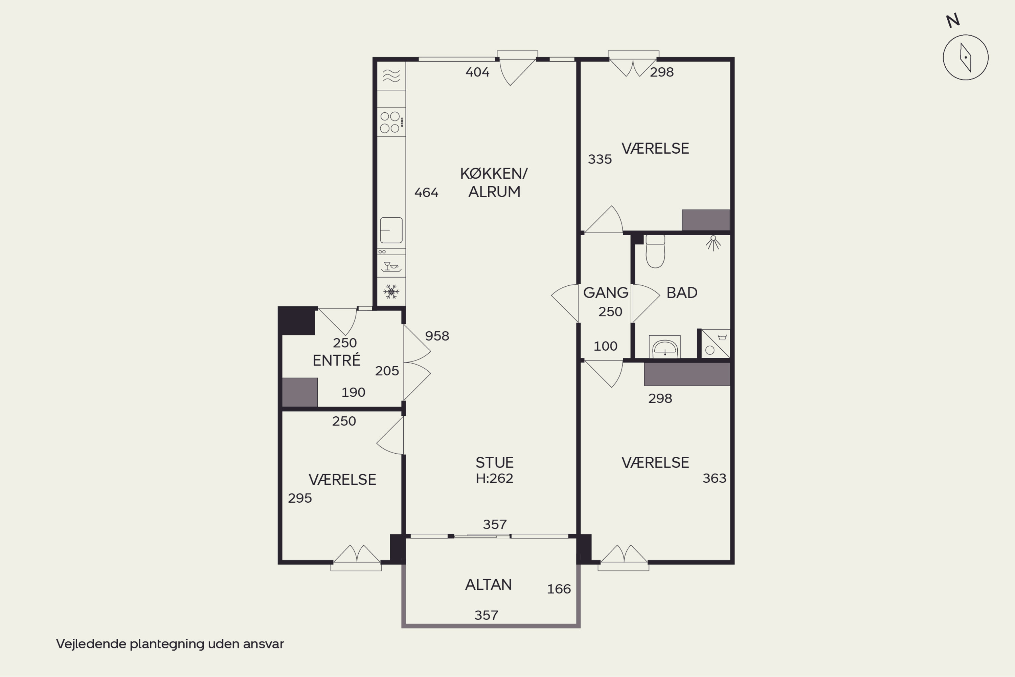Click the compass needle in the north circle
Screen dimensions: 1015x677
(965, 58)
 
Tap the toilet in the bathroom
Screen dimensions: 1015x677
(655, 251)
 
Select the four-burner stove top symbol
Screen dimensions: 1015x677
(391, 122)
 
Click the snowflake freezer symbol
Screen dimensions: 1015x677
(391, 291)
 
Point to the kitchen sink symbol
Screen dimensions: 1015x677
(391, 230)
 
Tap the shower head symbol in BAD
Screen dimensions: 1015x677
(713, 243)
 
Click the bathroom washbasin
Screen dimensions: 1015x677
(664, 347)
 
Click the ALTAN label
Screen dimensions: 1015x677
(488, 585)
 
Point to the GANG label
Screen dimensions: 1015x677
(606, 293)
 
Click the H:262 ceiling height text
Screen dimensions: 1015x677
(495, 478)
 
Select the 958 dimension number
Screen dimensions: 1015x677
(437, 336)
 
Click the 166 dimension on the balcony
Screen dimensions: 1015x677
(559, 589)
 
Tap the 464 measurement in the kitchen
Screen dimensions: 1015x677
(426, 192)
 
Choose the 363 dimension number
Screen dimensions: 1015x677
(715, 478)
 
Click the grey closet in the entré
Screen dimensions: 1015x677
(300, 392)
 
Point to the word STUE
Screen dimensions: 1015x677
(495, 463)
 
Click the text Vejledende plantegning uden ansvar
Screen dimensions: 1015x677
(170, 644)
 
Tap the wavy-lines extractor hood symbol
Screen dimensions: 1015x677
(391, 76)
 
